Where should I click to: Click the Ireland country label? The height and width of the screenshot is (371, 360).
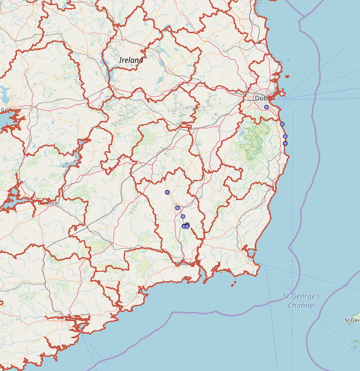point(131,60)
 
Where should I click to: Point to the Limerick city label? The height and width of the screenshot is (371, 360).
point(49,203)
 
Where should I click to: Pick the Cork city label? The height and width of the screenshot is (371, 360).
point(62,317)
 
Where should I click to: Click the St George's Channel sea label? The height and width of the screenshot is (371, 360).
point(301,301)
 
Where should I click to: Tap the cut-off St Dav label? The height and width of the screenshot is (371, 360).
point(352,320)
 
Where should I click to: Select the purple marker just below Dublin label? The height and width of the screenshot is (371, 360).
point(266,107)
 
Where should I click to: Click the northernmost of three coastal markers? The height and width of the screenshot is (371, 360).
point(282,124)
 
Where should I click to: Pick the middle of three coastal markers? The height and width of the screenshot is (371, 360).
point(285,136)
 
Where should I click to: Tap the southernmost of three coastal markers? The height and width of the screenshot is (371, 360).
point(285,143)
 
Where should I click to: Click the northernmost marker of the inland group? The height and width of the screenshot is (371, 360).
point(167,192)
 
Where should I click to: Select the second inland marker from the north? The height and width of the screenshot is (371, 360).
point(177,208)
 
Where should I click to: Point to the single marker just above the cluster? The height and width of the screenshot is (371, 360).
point(183,216)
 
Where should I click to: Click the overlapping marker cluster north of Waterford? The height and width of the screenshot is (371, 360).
point(186,226)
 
